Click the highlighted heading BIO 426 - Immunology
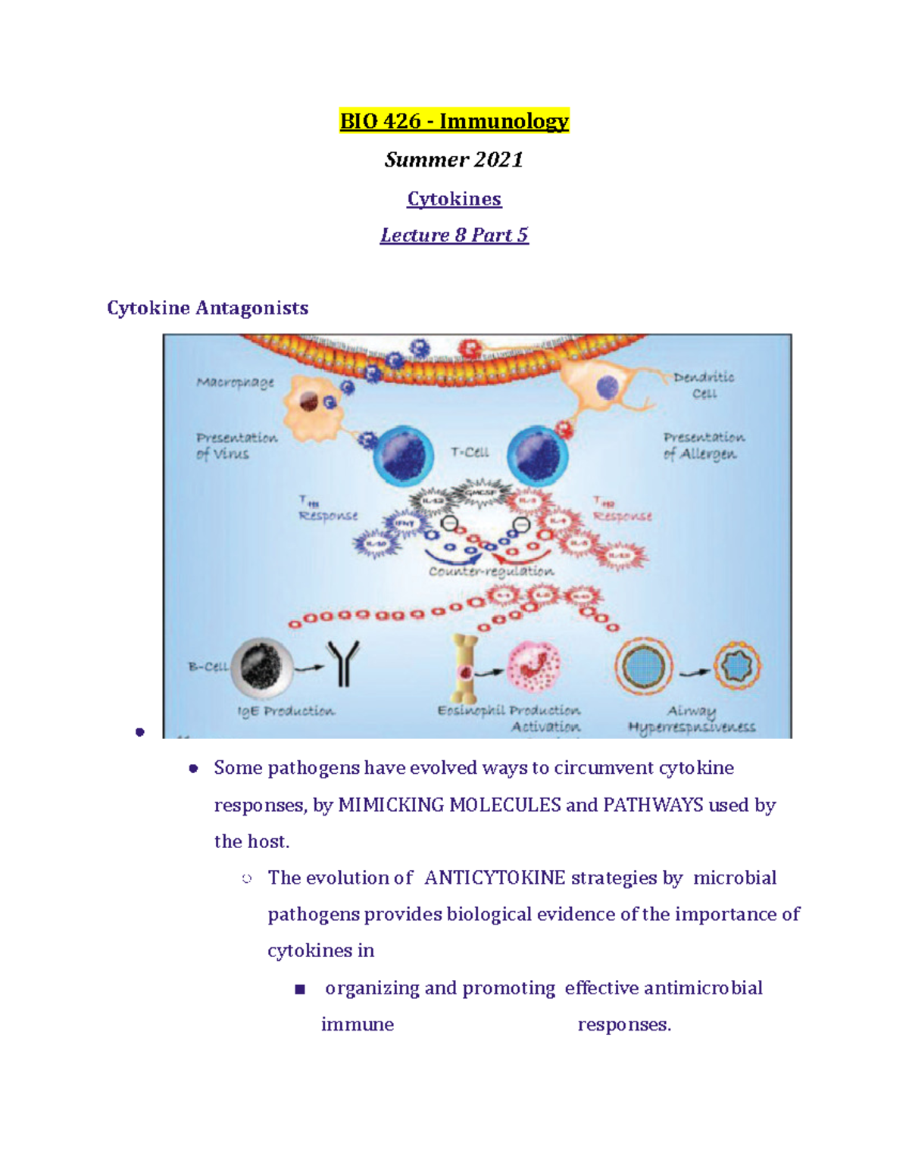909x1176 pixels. tap(454, 121)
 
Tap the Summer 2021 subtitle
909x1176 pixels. tap(454, 160)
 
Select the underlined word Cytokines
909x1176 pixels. tap(454, 199)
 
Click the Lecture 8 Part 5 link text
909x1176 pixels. tap(454, 236)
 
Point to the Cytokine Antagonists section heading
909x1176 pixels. tap(208, 308)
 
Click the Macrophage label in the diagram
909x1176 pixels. tap(235, 382)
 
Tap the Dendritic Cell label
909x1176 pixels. tap(704, 385)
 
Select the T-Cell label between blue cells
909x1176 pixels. tap(470, 452)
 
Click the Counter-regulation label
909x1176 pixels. tap(491, 571)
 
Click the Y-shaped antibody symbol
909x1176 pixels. tap(343, 663)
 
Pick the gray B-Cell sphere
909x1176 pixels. tap(262, 667)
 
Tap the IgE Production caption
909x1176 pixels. tap(286, 711)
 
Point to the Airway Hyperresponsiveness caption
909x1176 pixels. tap(691, 719)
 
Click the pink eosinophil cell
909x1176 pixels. tap(534, 667)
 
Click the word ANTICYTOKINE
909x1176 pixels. tap(495, 878)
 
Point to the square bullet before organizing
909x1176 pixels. tap(300, 989)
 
